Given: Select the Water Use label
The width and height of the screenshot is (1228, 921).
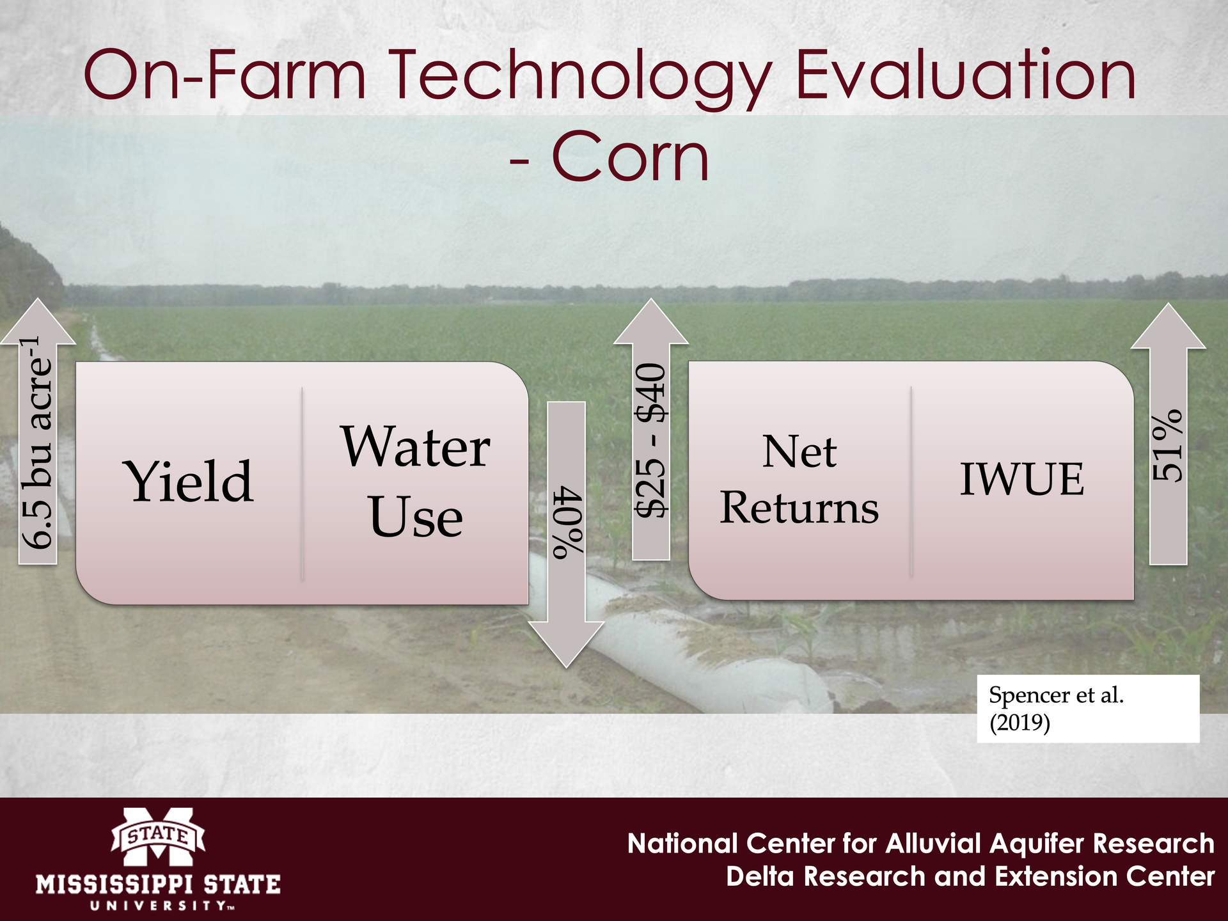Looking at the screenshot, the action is point(416,481).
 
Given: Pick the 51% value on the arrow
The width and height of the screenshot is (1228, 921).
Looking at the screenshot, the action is point(1168,445).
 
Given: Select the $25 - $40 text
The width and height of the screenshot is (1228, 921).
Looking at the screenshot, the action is point(651,441).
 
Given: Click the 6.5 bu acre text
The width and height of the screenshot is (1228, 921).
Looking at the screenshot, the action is point(37,442).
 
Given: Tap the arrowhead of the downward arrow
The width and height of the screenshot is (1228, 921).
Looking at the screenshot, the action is point(566,643).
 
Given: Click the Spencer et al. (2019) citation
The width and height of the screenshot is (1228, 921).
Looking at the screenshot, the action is point(1057,709).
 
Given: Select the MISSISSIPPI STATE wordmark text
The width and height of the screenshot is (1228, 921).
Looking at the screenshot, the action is point(158,885).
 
